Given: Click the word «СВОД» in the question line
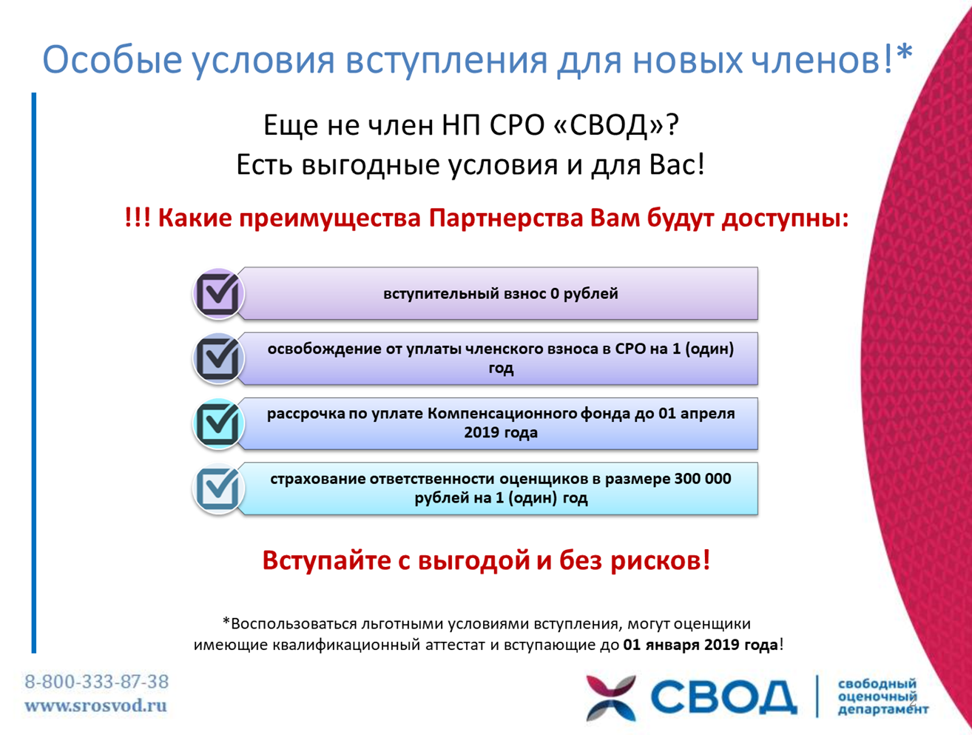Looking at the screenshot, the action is (607, 125).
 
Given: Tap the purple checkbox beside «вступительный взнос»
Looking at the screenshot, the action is (218, 293).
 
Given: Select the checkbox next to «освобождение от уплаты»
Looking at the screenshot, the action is (218, 358).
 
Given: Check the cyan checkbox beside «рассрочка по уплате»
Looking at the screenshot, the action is (218, 424).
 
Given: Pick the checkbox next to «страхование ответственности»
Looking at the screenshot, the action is (218, 489).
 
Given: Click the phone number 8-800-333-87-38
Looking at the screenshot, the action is (97, 682).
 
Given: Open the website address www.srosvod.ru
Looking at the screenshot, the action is (95, 705).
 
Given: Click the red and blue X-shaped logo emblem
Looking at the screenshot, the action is (611, 698).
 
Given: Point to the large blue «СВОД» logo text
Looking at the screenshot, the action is (723, 697).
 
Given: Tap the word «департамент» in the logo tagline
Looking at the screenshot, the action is (883, 709).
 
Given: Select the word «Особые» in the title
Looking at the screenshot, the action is (112, 60).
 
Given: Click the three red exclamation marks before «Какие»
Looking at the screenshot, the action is (138, 218).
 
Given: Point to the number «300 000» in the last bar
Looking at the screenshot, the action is (702, 478).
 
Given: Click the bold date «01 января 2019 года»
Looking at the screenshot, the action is (700, 645).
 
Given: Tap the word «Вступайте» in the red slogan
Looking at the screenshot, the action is (327, 560).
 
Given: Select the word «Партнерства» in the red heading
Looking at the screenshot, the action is (506, 218).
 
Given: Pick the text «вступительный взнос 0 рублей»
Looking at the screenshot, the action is (500, 293).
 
